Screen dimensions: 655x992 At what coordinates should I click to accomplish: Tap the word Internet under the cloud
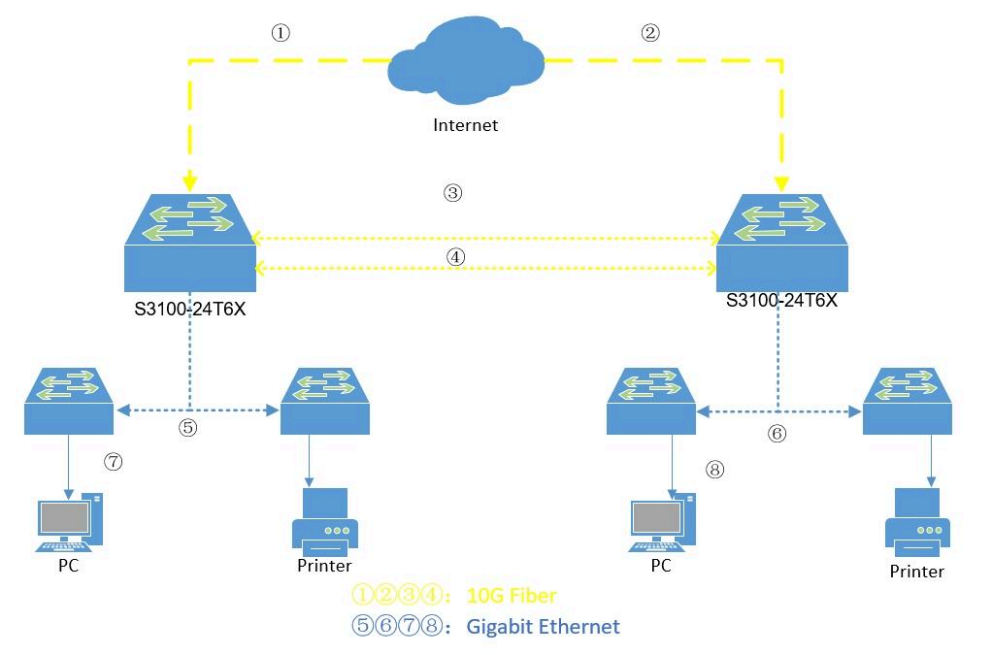click(465, 124)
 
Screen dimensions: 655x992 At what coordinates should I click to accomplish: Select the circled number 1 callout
click(281, 33)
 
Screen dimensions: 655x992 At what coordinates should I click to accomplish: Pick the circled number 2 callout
click(650, 33)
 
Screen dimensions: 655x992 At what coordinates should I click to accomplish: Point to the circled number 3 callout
click(452, 193)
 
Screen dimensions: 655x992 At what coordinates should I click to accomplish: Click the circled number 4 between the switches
click(456, 257)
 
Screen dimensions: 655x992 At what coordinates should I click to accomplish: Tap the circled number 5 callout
click(188, 427)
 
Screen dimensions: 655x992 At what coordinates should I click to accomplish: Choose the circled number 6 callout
click(777, 434)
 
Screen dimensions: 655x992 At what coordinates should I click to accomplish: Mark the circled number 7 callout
click(114, 462)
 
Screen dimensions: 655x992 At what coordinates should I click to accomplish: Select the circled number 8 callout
click(715, 470)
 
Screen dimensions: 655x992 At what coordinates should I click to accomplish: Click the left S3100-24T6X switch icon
click(189, 243)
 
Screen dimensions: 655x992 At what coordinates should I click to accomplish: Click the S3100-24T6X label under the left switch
click(188, 311)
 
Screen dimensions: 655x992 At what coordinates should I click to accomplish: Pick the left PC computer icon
click(70, 521)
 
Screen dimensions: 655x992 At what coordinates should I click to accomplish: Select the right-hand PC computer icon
click(663, 521)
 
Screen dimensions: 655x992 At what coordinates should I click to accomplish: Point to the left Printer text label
click(324, 565)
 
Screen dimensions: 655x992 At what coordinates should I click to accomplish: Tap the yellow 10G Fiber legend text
click(512, 595)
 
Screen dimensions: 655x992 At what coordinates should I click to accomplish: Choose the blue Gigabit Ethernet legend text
click(543, 626)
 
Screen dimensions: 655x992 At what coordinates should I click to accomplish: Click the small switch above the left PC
click(68, 401)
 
